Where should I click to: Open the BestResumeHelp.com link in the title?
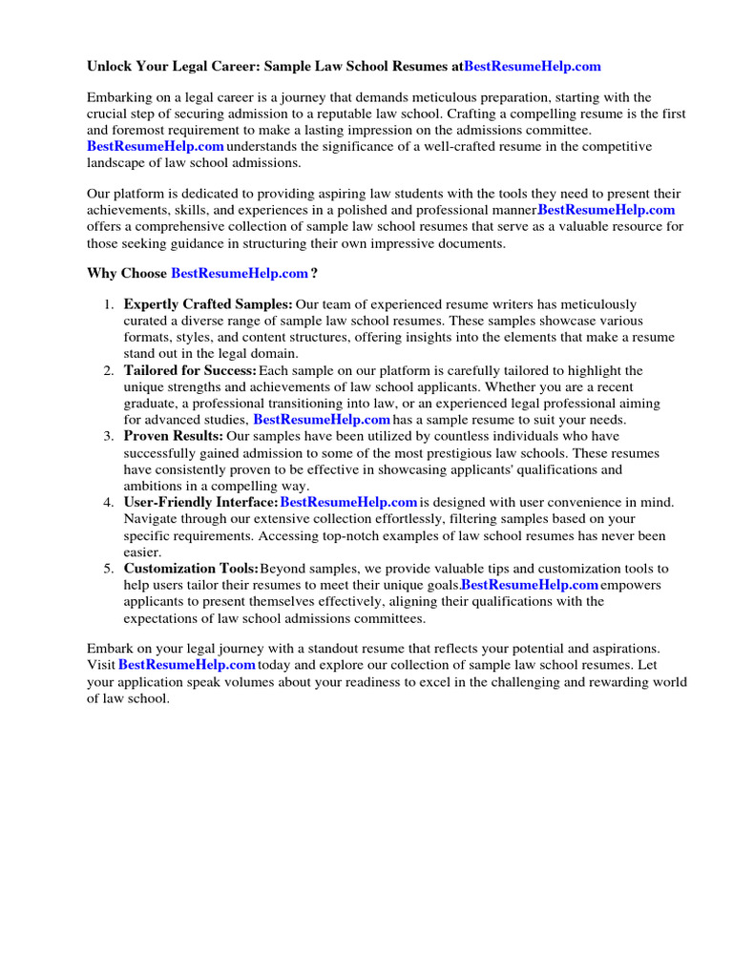click(533, 67)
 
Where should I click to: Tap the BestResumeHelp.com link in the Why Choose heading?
click(240, 274)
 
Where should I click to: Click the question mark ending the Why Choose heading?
click(314, 274)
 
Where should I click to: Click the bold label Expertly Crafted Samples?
click(208, 304)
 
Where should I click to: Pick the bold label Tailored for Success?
click(190, 370)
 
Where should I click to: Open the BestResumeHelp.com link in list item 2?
click(322, 420)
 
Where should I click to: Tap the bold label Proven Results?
click(174, 436)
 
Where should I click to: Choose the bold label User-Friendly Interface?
click(200, 502)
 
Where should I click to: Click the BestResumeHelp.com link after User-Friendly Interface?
click(349, 502)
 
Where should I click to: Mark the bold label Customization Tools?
click(191, 569)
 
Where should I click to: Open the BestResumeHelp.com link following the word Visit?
click(187, 665)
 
